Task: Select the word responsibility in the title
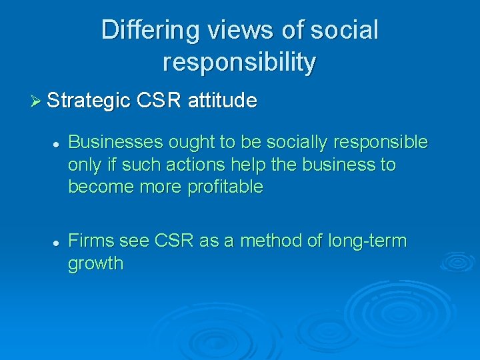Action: tap(239, 62)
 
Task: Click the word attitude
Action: tap(222, 101)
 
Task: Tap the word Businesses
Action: tap(117, 143)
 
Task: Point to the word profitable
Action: tap(225, 187)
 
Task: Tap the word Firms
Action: tap(89, 241)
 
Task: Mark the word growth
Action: tap(96, 263)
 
